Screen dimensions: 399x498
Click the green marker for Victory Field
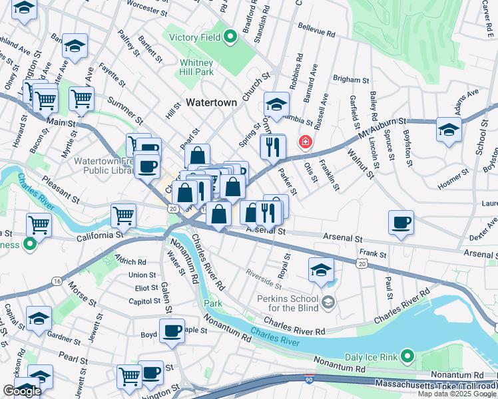[230, 37]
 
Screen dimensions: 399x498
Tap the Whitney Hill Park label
[196, 66]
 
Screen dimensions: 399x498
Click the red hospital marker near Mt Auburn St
[305, 142]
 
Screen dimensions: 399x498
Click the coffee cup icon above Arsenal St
[401, 223]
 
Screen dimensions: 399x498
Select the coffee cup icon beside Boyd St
[172, 331]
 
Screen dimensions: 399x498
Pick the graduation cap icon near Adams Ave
[449, 129]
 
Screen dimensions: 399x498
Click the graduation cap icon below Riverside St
[321, 269]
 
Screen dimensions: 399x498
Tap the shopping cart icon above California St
[124, 215]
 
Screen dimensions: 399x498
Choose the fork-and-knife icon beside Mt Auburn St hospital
[272, 147]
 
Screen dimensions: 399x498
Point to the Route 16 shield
[56, 281]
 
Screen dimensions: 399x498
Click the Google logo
[22, 391]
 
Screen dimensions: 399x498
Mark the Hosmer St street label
[453, 181]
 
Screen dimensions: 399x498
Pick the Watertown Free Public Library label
[103, 165]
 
